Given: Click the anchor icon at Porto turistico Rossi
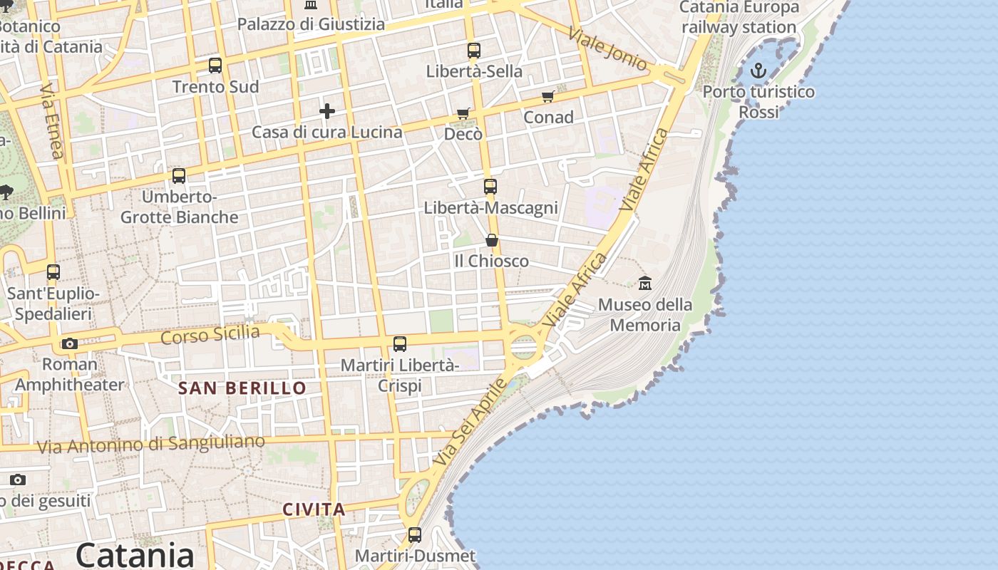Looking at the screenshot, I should tap(758, 70).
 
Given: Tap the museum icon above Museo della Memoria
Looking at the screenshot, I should tap(645, 283).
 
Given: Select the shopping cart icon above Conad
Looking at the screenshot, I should tap(547, 96).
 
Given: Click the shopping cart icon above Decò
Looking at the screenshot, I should tap(463, 113).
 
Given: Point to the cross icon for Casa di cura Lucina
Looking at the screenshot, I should tap(327, 110).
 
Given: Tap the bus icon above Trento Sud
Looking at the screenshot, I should tap(215, 66).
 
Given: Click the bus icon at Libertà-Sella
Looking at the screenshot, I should tap(474, 50).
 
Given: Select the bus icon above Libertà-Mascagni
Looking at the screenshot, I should tap(490, 187).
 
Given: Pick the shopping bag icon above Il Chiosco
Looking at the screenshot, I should tap(491, 240).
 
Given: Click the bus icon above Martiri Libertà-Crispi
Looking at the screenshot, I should tap(400, 344).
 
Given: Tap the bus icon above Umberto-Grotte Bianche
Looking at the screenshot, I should tap(179, 175).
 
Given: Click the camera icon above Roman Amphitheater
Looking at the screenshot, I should tap(69, 343).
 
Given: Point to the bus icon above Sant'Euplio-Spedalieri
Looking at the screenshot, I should tap(53, 271).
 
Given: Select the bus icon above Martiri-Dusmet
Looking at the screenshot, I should tap(415, 534).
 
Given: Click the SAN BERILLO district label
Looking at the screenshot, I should tap(242, 388).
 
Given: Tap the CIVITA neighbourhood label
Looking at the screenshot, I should tap(314, 509).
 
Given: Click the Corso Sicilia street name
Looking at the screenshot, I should tap(210, 334).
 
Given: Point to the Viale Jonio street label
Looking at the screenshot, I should tap(608, 48).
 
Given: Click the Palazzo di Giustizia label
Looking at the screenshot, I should tap(311, 24).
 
